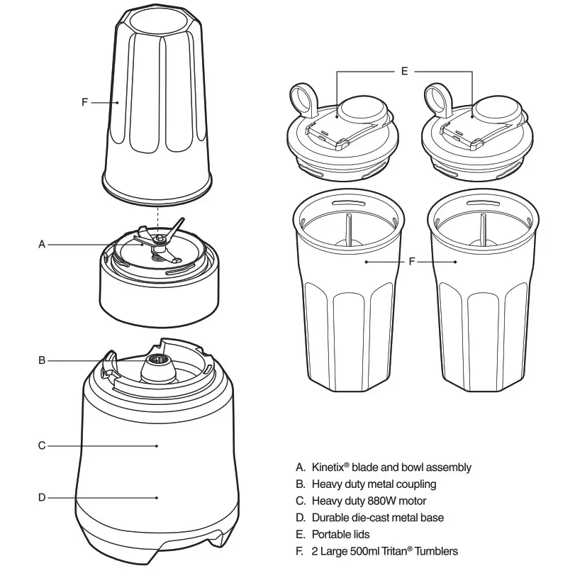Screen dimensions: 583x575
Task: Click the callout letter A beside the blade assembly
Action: click(x=42, y=245)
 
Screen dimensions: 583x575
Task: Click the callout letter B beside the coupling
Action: click(x=42, y=361)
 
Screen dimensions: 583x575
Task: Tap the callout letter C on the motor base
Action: click(x=42, y=446)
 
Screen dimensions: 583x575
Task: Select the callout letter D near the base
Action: click(x=42, y=498)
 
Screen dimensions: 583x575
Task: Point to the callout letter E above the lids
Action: click(x=404, y=72)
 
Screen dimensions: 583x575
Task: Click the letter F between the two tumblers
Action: click(x=412, y=262)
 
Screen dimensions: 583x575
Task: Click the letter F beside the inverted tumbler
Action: click(x=84, y=102)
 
